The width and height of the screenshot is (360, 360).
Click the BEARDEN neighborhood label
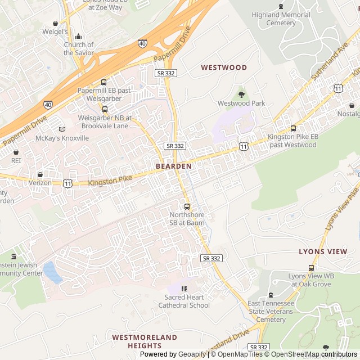coord(174,166)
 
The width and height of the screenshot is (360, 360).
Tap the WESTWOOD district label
coord(224,67)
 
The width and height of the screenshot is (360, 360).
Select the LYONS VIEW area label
coord(323,252)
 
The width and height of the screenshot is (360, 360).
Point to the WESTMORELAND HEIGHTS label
coord(144,341)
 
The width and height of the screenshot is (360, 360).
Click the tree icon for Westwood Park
coord(241,94)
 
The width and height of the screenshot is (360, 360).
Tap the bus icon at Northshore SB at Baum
coord(187,206)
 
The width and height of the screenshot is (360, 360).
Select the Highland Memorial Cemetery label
coord(281,19)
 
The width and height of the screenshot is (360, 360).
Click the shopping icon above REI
coord(16,152)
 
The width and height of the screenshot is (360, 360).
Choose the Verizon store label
coord(40,183)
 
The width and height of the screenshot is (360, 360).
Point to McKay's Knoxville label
coord(62,138)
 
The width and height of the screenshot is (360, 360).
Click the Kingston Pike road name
coord(110,181)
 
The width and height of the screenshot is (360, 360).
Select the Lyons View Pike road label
coord(343,208)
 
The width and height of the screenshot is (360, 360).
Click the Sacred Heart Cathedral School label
coord(187,301)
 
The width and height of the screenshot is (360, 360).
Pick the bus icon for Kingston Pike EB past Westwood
coord(293,128)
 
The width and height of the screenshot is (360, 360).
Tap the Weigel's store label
coord(55,32)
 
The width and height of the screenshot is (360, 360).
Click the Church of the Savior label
coord(79,48)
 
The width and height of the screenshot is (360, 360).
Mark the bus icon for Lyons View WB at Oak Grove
coord(311,267)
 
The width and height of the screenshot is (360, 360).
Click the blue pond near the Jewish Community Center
coord(52,273)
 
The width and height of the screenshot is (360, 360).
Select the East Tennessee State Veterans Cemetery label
coord(271,311)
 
